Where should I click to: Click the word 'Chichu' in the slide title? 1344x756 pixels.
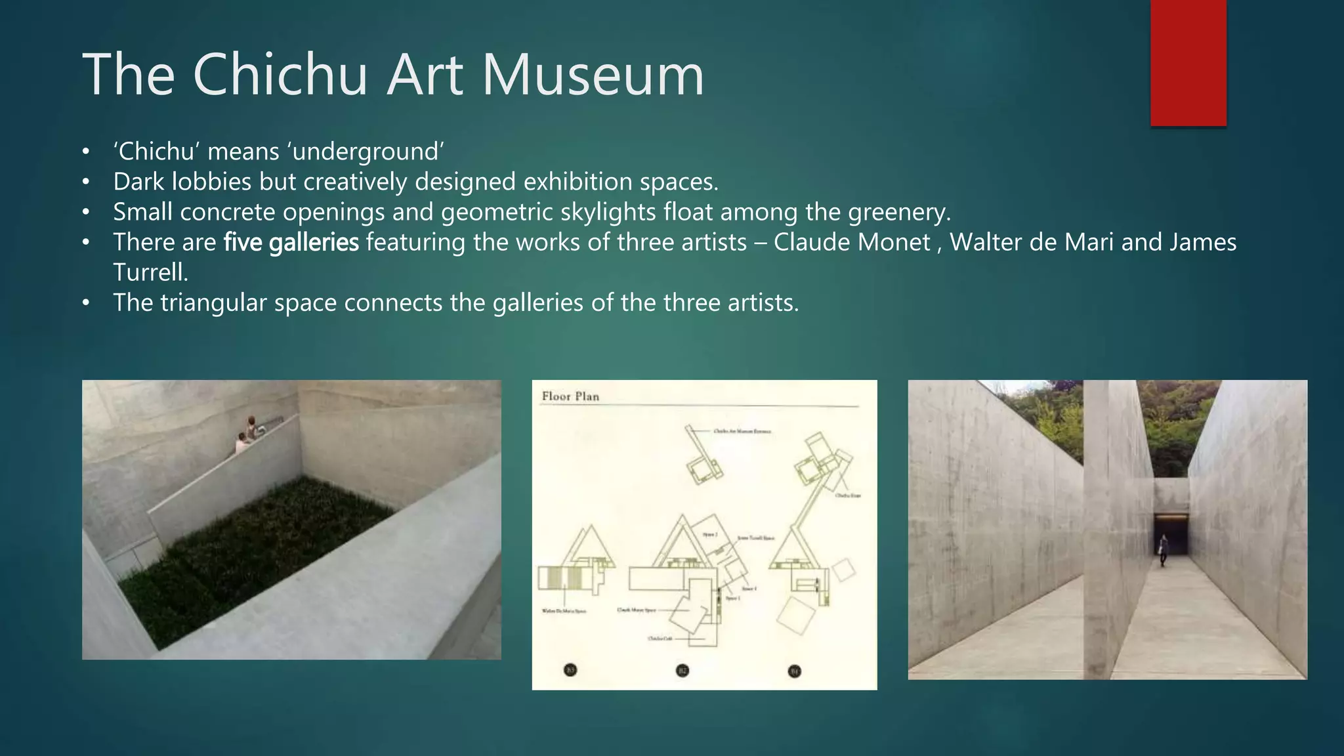point(280,75)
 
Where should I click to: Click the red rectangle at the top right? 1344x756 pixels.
point(1188,63)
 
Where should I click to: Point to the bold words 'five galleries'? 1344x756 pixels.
point(291,243)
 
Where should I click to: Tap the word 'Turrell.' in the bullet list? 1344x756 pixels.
point(150,272)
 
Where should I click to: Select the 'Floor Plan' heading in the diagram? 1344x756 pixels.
point(570,396)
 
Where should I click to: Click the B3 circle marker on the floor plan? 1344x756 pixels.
point(570,670)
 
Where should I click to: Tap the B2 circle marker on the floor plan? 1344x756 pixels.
point(682,671)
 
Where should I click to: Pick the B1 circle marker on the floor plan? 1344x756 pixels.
point(794,671)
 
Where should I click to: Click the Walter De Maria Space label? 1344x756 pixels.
point(564,611)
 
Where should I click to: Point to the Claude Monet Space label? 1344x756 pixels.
point(636,610)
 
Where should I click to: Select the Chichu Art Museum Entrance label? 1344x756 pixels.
point(742,431)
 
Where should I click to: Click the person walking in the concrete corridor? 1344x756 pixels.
point(1163,550)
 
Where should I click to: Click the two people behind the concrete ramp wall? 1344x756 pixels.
point(247,435)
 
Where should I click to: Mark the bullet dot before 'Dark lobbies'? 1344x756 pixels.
point(86,182)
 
